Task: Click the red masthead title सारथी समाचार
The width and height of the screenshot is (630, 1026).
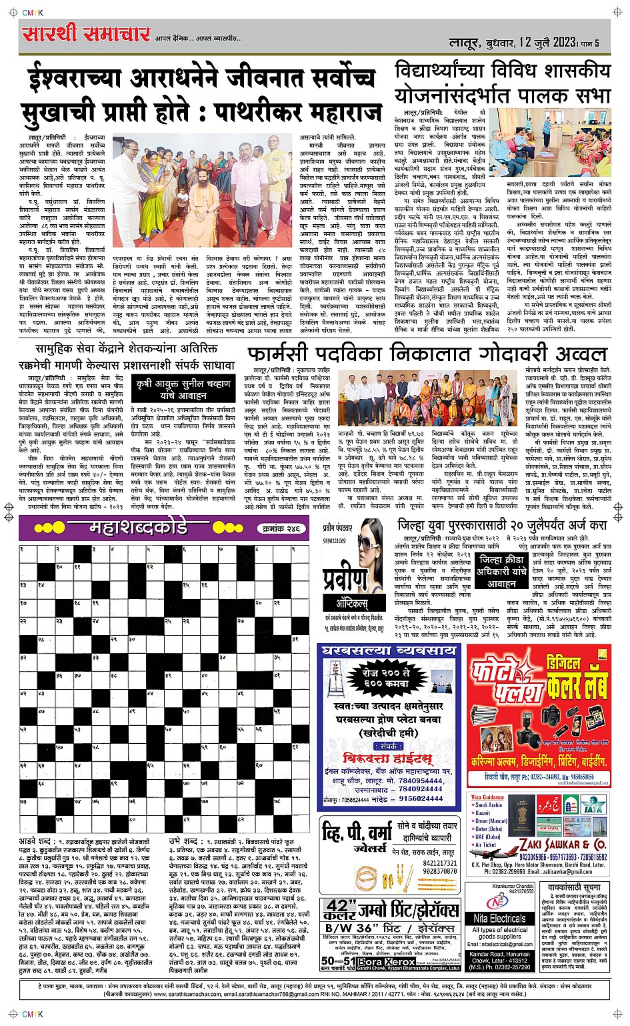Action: tap(86, 33)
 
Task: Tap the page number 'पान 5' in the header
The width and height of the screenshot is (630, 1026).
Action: tap(588, 43)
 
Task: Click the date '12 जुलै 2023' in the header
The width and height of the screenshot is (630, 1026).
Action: tap(541, 42)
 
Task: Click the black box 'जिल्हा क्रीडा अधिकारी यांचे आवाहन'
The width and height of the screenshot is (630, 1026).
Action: tap(501, 571)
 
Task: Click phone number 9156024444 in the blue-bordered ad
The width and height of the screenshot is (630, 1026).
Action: tap(421, 799)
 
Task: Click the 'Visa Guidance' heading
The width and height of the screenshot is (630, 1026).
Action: tap(487, 797)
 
